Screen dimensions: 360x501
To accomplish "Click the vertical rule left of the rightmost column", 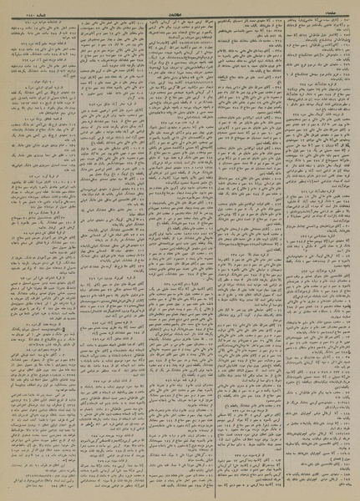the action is point(283,250).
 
